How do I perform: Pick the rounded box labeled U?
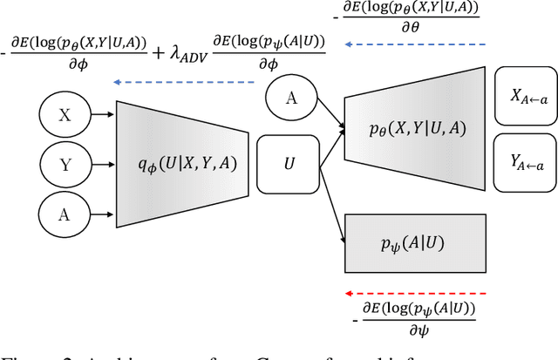pyautogui.click(x=289, y=163)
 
